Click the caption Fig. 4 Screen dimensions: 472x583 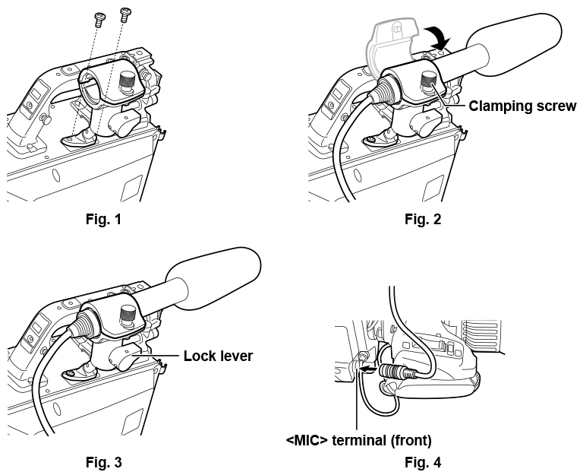[x=422, y=461]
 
